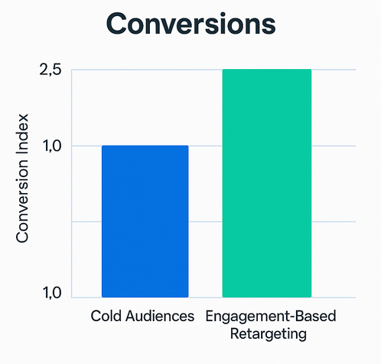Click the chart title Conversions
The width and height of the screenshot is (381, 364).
click(x=190, y=23)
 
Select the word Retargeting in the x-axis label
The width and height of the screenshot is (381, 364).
click(x=270, y=334)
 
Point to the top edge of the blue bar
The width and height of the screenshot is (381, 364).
click(x=145, y=146)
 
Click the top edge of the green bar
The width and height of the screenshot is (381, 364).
click(x=266, y=70)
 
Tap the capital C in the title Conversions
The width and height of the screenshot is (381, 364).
click(x=116, y=23)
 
